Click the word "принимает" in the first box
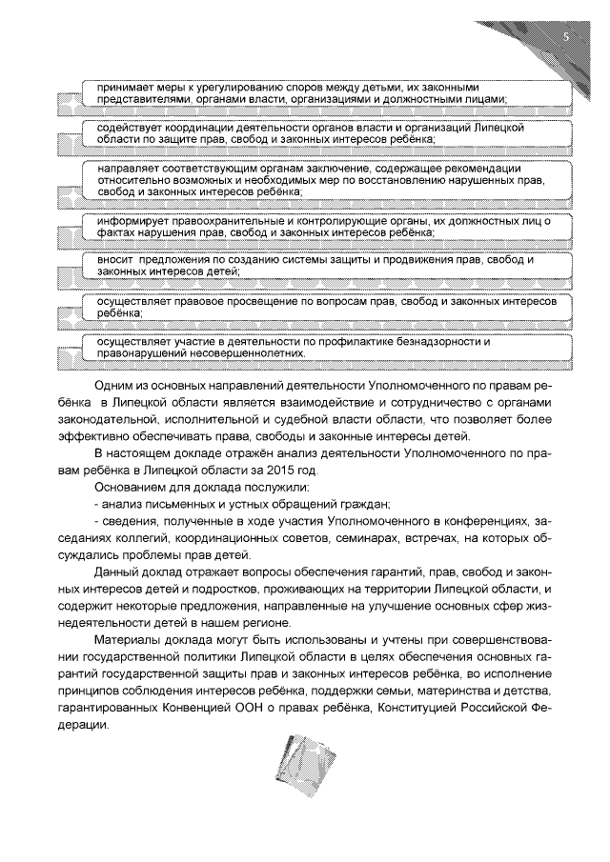(x=112, y=87)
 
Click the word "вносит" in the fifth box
(x=102, y=260)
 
